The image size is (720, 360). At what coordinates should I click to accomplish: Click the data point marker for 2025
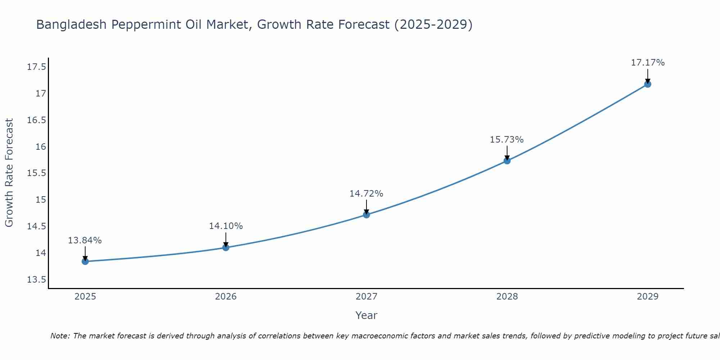coord(85,261)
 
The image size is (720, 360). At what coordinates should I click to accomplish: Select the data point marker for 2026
coord(226,248)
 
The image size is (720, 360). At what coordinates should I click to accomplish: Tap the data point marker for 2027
coord(366,215)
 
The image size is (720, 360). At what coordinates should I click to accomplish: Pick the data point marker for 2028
coord(507,161)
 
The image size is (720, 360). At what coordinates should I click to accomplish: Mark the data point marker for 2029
coord(648,84)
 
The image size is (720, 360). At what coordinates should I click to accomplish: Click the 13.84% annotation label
coord(85,240)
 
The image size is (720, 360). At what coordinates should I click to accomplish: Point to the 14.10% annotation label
coord(226,226)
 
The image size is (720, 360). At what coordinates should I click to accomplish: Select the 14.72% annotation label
coord(366,194)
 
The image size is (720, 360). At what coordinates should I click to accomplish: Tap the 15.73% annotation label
coord(507,140)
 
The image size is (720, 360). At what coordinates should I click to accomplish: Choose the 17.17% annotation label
coord(648,63)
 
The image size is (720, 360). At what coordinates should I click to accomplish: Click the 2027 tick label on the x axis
coord(366,297)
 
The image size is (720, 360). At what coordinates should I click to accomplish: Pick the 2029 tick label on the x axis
coord(648,297)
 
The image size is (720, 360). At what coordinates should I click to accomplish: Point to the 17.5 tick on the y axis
coord(36,67)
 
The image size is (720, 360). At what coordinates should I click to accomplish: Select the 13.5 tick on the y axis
coord(36,280)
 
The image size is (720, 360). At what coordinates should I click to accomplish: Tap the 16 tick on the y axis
coord(41,147)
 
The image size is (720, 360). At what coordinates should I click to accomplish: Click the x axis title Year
coord(366,316)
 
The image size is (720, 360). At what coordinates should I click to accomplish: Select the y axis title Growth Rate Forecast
coord(9,173)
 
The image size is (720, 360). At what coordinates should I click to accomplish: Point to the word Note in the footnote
coord(60,336)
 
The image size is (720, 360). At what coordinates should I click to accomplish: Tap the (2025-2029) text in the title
coord(433,25)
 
